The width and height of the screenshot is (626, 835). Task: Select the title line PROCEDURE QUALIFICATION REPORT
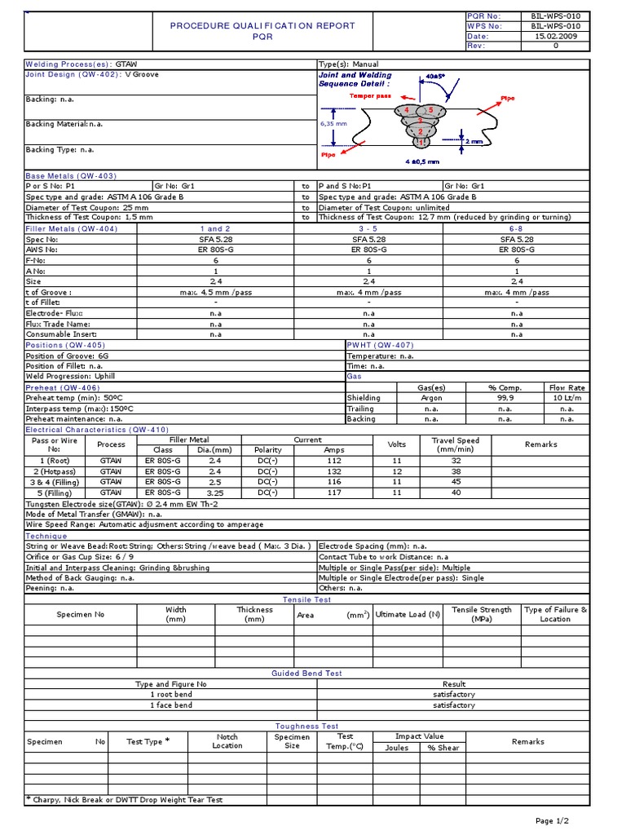pyautogui.click(x=262, y=26)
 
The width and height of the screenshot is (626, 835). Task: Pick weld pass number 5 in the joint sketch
pyautogui.click(x=430, y=110)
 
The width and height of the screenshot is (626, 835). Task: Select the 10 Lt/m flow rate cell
pyautogui.click(x=567, y=398)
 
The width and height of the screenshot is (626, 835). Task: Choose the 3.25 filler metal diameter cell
pyautogui.click(x=215, y=493)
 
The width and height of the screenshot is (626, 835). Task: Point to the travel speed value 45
pyautogui.click(x=456, y=482)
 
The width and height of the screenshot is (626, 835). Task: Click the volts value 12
pyautogui.click(x=397, y=471)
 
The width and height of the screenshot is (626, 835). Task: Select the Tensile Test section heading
pyautogui.click(x=306, y=599)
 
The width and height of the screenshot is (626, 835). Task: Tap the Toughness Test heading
pyautogui.click(x=306, y=726)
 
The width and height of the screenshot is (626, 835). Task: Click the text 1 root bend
pyautogui.click(x=171, y=695)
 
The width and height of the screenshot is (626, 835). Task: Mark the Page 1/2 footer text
pyautogui.click(x=552, y=820)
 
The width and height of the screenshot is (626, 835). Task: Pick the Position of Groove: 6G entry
pyautogui.click(x=73, y=356)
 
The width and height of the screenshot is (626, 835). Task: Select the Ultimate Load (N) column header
pyautogui.click(x=408, y=614)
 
